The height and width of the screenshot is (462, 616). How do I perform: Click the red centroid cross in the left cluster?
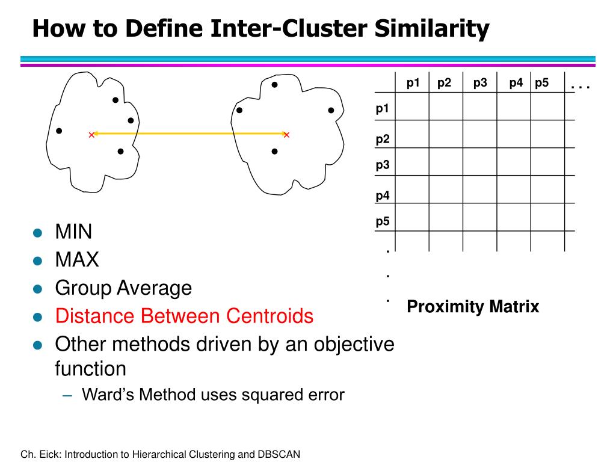click(91, 135)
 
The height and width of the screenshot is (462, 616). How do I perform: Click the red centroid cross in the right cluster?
click(286, 135)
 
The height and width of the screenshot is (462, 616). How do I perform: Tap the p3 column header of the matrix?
click(480, 83)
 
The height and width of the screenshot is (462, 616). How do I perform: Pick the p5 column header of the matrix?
click(542, 83)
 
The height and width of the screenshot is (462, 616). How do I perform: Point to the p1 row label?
click(383, 108)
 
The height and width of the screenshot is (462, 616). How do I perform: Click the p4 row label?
click(383, 196)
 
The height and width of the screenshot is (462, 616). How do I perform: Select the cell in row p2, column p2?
click(446, 134)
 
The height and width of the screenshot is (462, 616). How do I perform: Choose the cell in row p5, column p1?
click(412, 217)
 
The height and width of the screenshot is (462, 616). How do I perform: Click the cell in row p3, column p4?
click(513, 162)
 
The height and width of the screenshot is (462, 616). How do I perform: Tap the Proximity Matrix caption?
click(473, 307)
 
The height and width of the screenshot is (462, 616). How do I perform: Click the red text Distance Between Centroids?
click(184, 316)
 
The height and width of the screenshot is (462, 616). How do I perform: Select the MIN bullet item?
click(73, 232)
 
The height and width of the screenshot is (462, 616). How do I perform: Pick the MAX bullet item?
click(76, 260)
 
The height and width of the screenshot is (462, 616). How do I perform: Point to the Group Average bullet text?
click(123, 288)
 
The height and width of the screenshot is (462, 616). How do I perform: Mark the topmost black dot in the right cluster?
click(274, 85)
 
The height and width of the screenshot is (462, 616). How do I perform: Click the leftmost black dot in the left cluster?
click(58, 131)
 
